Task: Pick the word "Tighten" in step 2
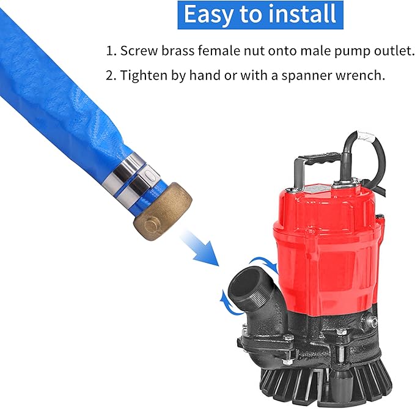click(141, 76)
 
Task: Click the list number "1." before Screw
click(111, 51)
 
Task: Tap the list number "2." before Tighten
click(111, 76)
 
